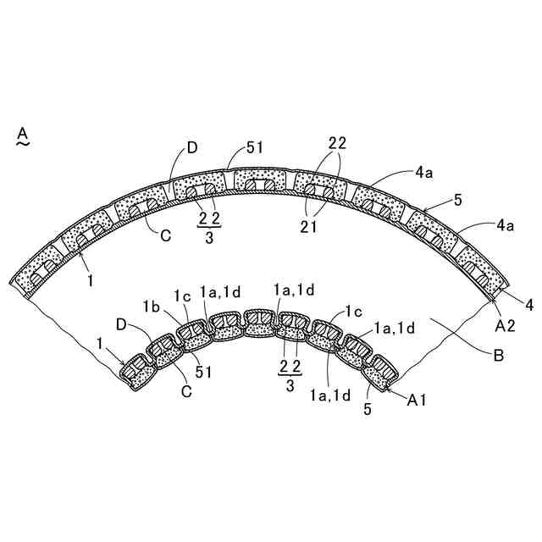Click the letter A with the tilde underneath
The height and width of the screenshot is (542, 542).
[x=23, y=136]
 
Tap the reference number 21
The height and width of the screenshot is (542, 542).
[x=308, y=227]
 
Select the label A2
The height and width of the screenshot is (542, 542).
[x=505, y=326]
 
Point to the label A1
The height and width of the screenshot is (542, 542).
[x=417, y=400]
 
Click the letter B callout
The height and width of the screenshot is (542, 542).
[x=499, y=356]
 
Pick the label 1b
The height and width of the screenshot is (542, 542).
[x=152, y=307]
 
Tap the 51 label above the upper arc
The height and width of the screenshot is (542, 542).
[x=255, y=147]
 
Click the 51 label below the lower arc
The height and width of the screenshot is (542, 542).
[x=203, y=372]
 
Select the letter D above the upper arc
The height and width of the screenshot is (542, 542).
[x=192, y=147]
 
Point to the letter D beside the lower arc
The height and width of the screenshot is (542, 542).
[x=121, y=324]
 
